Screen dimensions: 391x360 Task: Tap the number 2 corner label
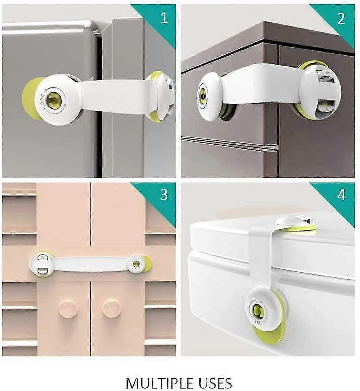[x=341, y=19]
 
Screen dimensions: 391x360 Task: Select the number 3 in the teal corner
[x=164, y=195]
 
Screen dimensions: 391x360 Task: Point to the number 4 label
[x=341, y=195]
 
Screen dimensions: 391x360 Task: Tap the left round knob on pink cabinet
[x=68, y=308]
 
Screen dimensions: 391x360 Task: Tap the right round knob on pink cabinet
[x=112, y=308]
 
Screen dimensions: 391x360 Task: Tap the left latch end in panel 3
[x=41, y=263]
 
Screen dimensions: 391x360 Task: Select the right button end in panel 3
[x=137, y=264]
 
